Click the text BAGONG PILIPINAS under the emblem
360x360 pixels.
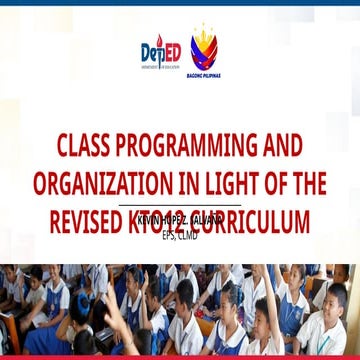pyautogui.click(x=205, y=75)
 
